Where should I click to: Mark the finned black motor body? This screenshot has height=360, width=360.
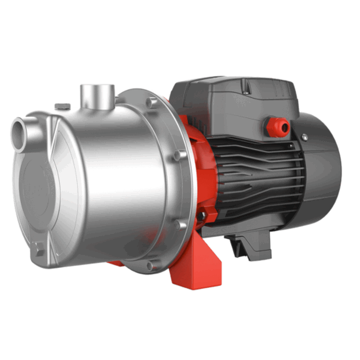245,173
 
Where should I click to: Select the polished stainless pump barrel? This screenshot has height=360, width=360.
108,180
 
